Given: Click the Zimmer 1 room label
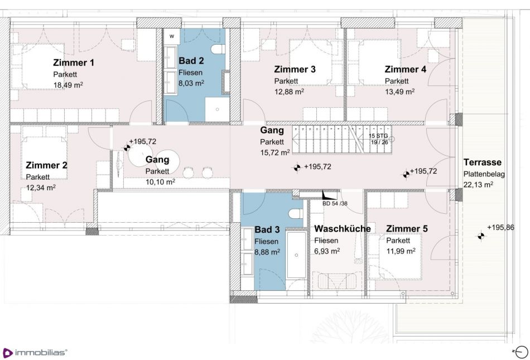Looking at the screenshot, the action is tap(73, 63).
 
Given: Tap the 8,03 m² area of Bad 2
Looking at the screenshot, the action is tap(191, 83).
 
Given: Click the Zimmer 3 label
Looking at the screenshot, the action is tap(295, 69).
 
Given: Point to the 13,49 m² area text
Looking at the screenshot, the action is tap(400, 92).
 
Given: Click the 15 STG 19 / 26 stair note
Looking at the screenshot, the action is tap(379, 139).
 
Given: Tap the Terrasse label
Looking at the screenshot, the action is tap(483, 162).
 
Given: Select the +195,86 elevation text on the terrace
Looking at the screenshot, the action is tap(500, 228).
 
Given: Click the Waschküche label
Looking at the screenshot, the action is tap(343, 228).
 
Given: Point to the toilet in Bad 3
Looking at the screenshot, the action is tap(296, 214).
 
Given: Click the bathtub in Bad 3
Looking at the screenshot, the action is tap(296, 255).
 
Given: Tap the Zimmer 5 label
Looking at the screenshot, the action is tap(407, 229).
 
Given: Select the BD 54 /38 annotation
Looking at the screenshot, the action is tap(335, 204).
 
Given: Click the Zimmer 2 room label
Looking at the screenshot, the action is tap(47, 165).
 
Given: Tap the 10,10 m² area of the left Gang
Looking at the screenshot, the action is tap(160, 182).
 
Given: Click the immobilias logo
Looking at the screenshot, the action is tap(35, 353).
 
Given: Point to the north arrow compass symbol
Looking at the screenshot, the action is tap(521, 352).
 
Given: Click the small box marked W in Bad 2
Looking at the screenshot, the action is tap(172, 36).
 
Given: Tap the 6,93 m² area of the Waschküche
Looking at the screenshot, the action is tap(327, 251).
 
